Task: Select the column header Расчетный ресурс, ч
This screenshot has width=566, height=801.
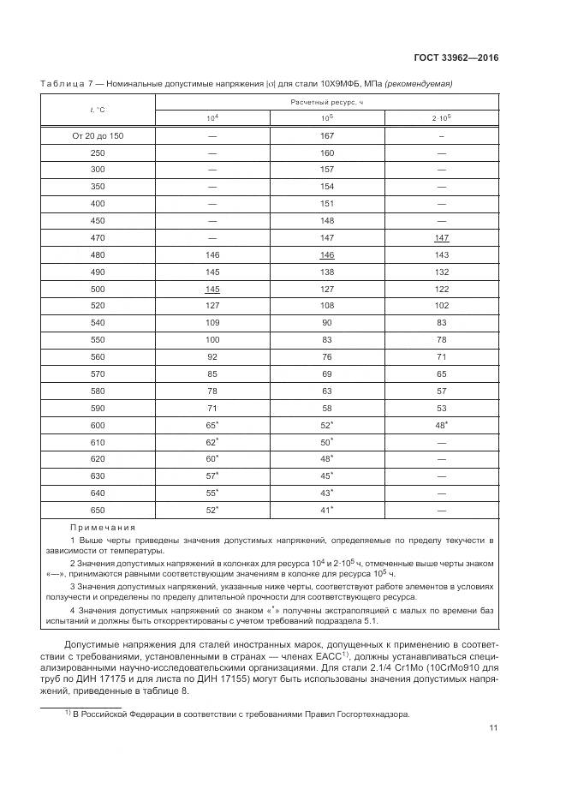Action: [326, 102]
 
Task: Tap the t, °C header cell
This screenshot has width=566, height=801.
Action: [97, 110]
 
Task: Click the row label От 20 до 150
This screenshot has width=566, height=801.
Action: [97, 135]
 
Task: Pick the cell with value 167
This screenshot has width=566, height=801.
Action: [326, 135]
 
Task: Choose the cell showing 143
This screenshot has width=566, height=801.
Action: [441, 254]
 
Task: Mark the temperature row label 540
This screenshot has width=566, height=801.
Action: [97, 322]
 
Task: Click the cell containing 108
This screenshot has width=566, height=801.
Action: [326, 305]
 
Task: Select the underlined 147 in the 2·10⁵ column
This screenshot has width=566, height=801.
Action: [441, 237]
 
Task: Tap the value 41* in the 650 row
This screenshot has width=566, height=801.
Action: [326, 510]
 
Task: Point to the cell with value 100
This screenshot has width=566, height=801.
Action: [212, 339]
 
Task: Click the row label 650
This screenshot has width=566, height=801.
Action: [97, 510]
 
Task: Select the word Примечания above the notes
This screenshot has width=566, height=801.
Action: [97, 528]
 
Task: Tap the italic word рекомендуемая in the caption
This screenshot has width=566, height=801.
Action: [420, 84]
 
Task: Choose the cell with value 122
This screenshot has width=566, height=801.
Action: [441, 289]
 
